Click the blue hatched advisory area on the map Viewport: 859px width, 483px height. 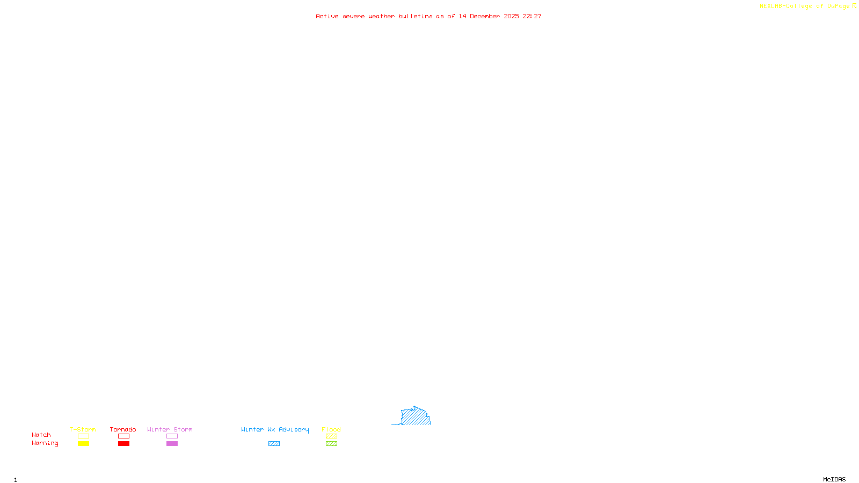pyautogui.click(x=416, y=417)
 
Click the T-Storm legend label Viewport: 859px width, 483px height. pyautogui.click(x=83, y=429)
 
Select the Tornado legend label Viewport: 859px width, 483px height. pyautogui.click(x=123, y=429)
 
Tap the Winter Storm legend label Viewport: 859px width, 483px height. pyautogui.click(x=170, y=429)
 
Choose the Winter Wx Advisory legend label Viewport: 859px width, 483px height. pyautogui.click(x=275, y=429)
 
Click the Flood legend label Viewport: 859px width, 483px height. pyautogui.click(x=331, y=429)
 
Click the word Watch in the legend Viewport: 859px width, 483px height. pyautogui.click(x=41, y=435)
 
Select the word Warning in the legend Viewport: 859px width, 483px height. pyautogui.click(x=45, y=443)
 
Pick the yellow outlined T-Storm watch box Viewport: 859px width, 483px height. pyautogui.click(x=83, y=436)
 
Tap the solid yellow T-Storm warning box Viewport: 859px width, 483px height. pyautogui.click(x=83, y=444)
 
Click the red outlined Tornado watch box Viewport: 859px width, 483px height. pyautogui.click(x=123, y=436)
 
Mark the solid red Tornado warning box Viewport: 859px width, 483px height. pyautogui.click(x=123, y=444)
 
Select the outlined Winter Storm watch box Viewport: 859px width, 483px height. pyautogui.click(x=172, y=436)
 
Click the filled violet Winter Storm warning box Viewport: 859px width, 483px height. pyautogui.click(x=172, y=444)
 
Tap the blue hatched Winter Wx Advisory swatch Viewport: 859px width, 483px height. pyautogui.click(x=274, y=444)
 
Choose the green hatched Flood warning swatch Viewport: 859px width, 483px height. pyautogui.click(x=331, y=444)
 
